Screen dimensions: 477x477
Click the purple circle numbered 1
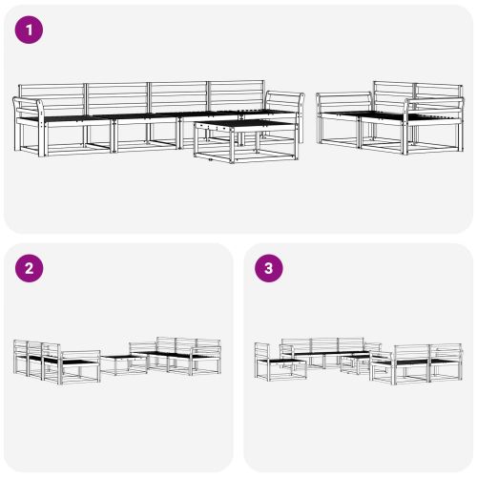point(30,30)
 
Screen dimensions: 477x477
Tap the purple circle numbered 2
point(30,268)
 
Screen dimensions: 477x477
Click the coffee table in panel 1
point(234,140)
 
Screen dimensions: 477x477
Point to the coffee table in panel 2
point(123,363)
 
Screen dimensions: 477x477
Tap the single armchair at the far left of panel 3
point(269,363)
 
